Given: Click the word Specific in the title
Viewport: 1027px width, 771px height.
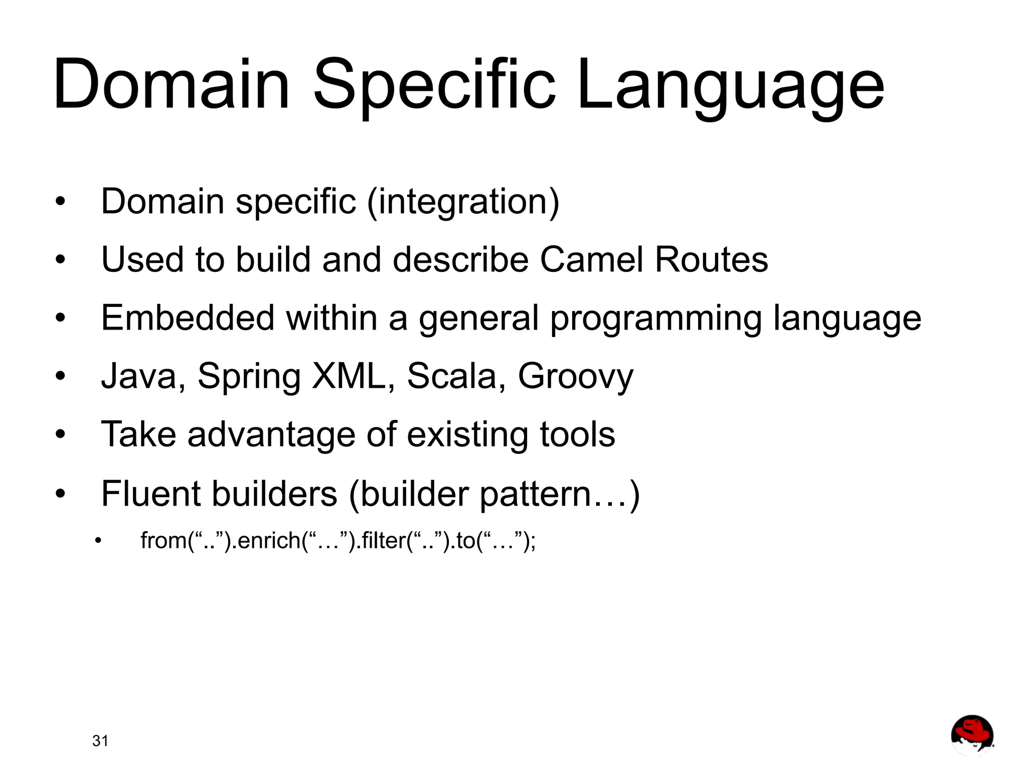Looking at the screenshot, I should pos(434,85).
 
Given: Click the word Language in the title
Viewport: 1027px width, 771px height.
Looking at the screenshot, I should pos(730,85).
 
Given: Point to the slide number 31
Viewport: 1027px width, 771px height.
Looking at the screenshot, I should pos(100,741).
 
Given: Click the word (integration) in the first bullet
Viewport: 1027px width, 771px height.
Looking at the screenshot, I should pos(463,202).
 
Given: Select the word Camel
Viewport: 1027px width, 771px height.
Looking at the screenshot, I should pos(591,260).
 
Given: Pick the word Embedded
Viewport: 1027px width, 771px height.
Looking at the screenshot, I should pos(188,318).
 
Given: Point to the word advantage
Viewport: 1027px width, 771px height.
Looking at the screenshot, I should pos(271,435).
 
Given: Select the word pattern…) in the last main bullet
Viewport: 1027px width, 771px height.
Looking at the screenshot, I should pos(560,495).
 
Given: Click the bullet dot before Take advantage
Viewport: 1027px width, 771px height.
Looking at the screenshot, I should pos(61,435).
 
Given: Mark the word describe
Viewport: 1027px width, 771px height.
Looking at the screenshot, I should pos(460,260).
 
